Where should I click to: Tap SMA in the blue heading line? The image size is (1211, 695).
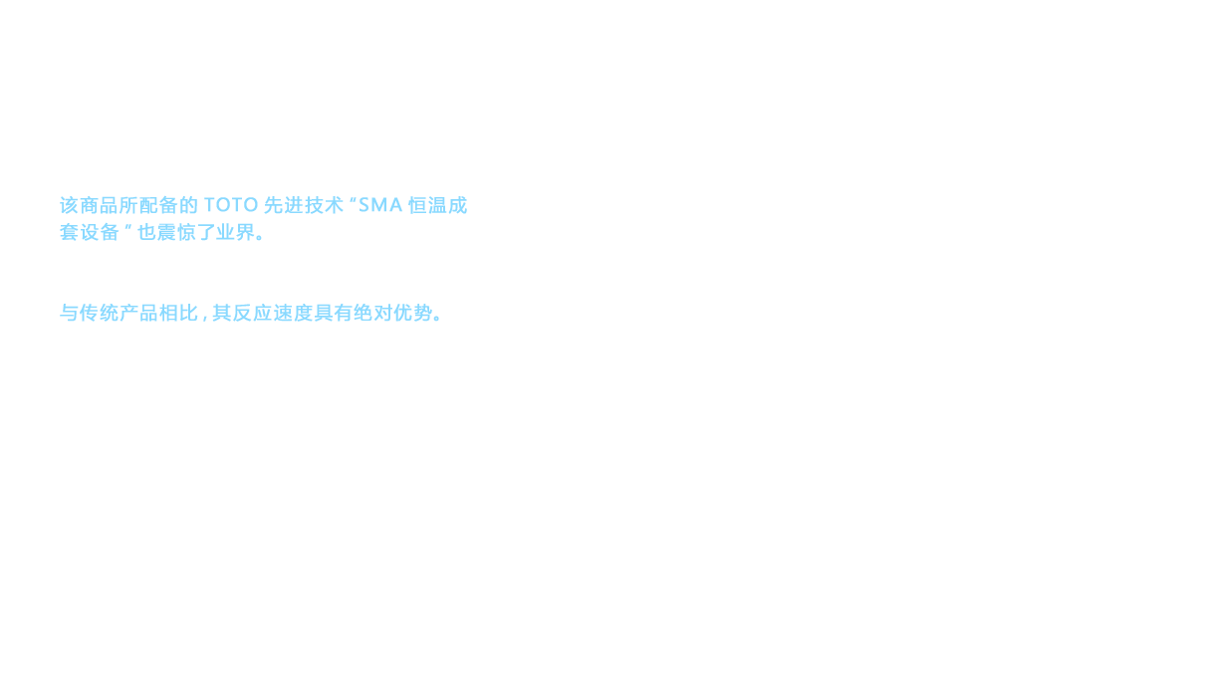(379, 206)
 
